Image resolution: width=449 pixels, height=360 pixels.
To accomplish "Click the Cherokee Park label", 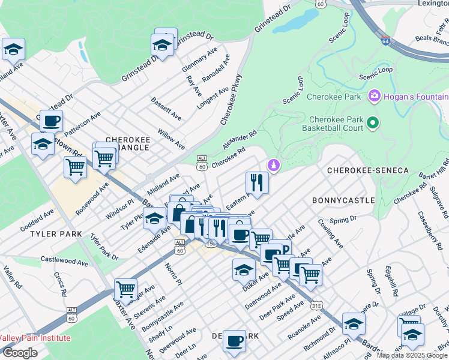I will (x=333, y=96).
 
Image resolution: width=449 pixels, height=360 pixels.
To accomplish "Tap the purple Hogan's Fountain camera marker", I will (x=375, y=96).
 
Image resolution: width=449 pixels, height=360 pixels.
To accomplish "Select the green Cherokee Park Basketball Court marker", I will (x=373, y=124).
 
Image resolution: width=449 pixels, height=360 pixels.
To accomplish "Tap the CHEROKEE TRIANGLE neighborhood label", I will (x=127, y=139).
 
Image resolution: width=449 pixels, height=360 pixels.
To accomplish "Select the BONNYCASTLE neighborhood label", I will (x=343, y=200).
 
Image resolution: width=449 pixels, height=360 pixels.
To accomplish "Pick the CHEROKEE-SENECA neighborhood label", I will (x=367, y=171).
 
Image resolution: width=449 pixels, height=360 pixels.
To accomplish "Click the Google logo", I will (x=20, y=353).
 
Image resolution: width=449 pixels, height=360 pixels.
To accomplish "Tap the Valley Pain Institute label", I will (x=35, y=338).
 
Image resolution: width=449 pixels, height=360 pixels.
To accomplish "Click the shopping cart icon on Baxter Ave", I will (x=125, y=289).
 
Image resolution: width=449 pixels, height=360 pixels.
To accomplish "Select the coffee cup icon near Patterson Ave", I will (x=52, y=121).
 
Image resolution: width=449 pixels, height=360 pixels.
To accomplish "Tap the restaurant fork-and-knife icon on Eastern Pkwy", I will (x=257, y=182).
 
